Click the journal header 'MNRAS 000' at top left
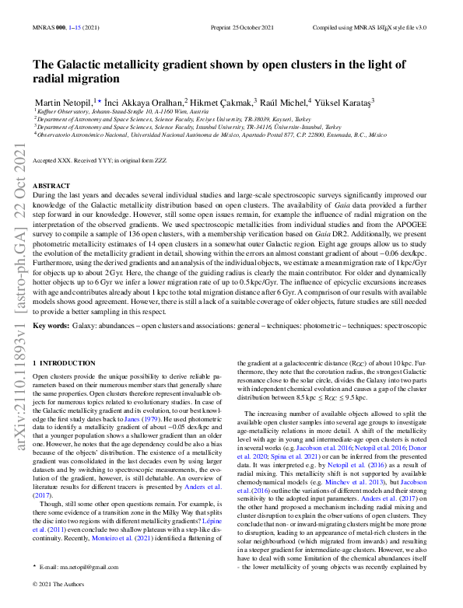(46, 27)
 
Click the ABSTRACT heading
(51, 187)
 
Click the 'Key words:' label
(51, 323)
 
